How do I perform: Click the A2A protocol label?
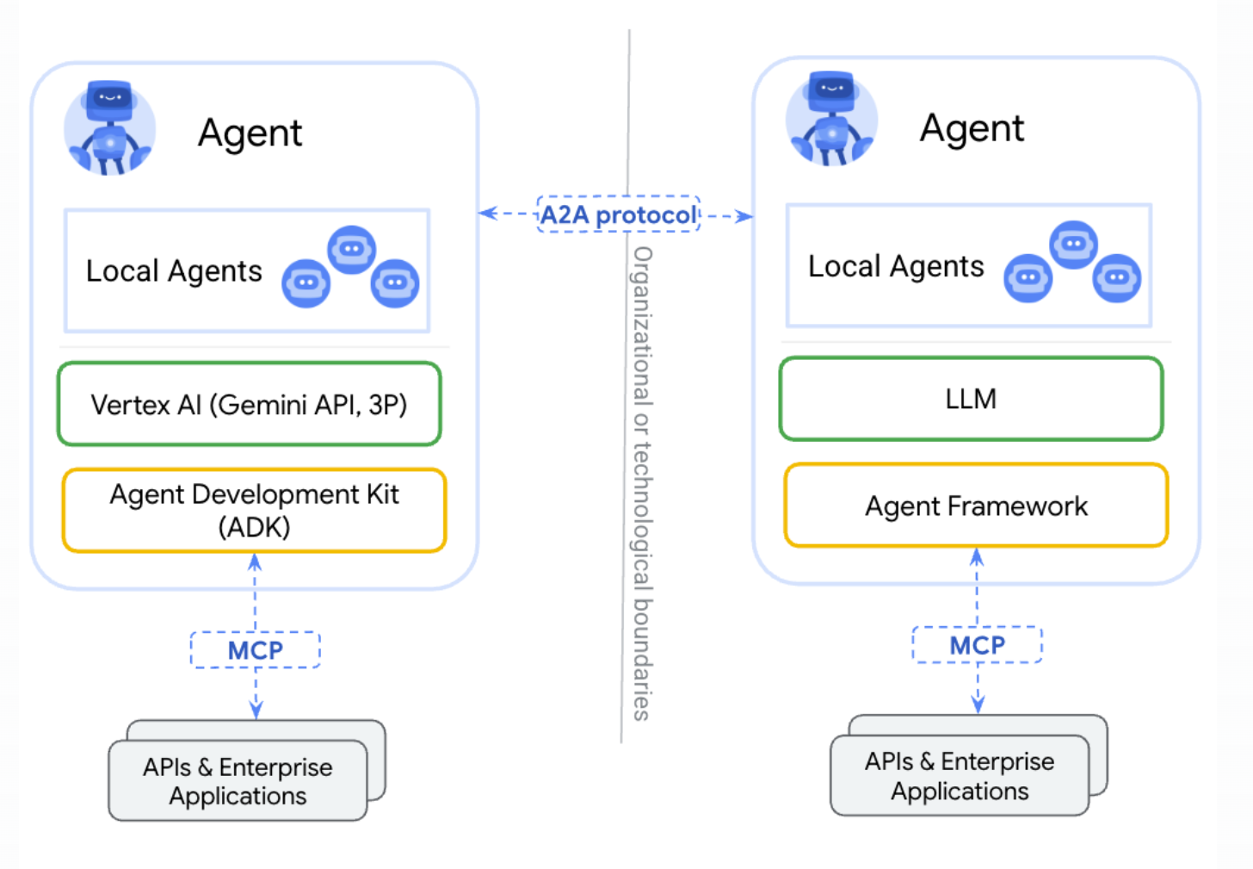(x=618, y=214)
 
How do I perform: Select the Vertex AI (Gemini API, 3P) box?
(x=250, y=404)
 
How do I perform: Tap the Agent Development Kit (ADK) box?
(x=255, y=511)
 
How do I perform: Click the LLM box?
(x=971, y=399)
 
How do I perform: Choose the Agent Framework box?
(x=976, y=505)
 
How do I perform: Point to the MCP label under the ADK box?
(x=255, y=650)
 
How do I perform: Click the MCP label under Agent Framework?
(x=978, y=645)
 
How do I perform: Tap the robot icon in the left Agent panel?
(x=109, y=127)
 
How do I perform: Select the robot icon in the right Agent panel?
(x=831, y=119)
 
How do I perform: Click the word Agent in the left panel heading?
(x=250, y=133)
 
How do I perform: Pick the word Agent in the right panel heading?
(x=972, y=128)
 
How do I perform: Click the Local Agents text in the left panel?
(x=174, y=271)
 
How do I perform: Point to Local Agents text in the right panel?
(x=896, y=266)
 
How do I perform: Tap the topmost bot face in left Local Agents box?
(x=351, y=250)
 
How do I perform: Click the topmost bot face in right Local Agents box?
(x=1073, y=245)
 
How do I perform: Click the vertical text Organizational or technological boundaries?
(x=642, y=483)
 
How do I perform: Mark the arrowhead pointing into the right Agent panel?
(x=745, y=216)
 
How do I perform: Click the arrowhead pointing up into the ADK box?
(x=255, y=562)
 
